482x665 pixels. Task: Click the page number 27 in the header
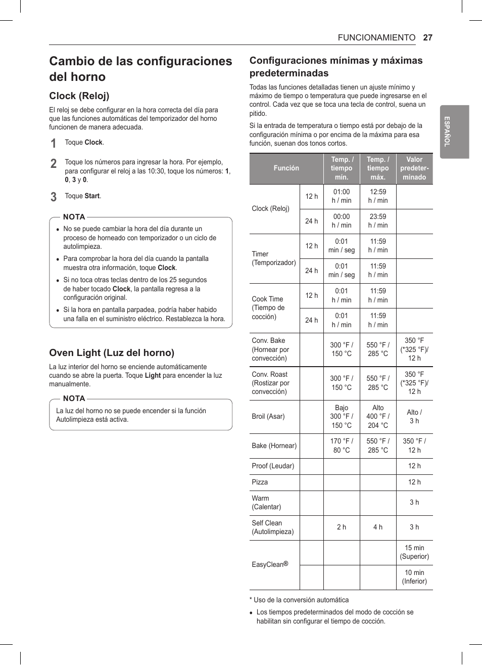(427, 37)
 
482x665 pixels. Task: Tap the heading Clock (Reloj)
(79, 96)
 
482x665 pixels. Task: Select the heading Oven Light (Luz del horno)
(112, 352)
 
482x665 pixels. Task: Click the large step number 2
(54, 163)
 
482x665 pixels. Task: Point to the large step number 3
(54, 197)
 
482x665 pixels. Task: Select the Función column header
(286, 168)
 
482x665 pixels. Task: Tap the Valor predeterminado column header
(414, 168)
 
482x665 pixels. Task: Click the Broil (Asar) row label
(268, 416)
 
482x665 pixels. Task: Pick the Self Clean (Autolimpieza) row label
(273, 527)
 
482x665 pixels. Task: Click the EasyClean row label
(270, 564)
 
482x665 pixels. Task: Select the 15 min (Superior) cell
(414, 552)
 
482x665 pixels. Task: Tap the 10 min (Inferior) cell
(414, 577)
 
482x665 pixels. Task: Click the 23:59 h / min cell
(378, 220)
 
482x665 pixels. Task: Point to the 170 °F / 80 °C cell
(342, 446)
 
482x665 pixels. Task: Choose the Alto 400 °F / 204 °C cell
(378, 416)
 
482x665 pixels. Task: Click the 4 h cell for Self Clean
(378, 527)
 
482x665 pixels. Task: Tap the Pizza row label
(260, 482)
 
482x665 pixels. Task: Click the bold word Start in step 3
(92, 196)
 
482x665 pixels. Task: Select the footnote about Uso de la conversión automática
(299, 600)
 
